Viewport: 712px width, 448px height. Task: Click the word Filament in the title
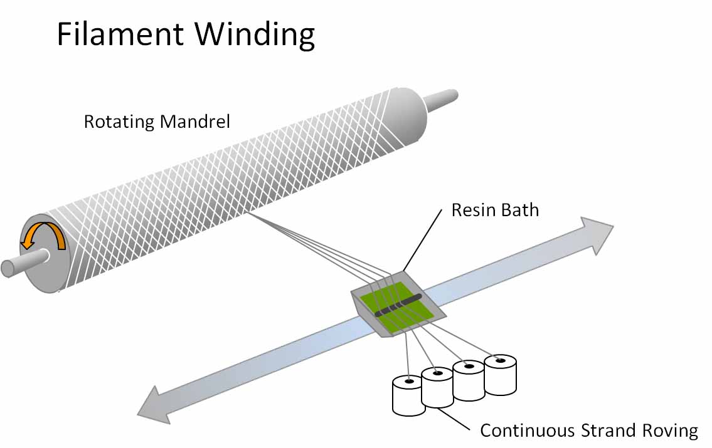pyautogui.click(x=120, y=34)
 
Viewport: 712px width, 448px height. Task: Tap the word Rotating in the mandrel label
pyautogui.click(x=119, y=122)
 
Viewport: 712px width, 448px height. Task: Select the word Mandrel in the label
pyautogui.click(x=195, y=122)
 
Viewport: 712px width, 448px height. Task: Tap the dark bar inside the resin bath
pyautogui.click(x=398, y=305)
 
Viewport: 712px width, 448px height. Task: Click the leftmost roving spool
pyautogui.click(x=408, y=395)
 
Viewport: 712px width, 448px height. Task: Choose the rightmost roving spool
pyautogui.click(x=501, y=375)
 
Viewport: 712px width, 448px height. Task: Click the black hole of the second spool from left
pyautogui.click(x=438, y=373)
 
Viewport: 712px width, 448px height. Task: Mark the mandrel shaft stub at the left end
pyautogui.click(x=23, y=263)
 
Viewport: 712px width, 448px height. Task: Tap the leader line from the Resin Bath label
pyautogui.click(x=422, y=241)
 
